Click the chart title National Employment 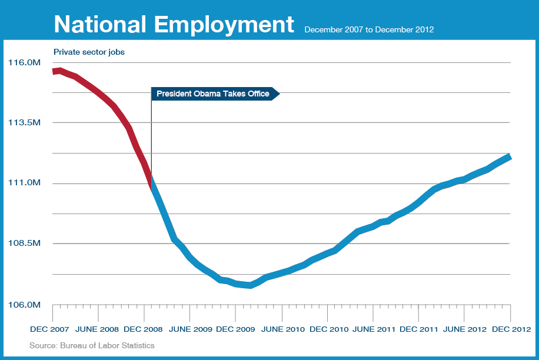[174, 25]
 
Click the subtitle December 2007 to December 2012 [369, 29]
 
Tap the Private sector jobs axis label [89, 52]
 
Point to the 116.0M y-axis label [24, 62]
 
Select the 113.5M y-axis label [24, 122]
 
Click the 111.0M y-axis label [24, 183]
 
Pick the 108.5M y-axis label [24, 244]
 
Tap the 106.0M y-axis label [24, 305]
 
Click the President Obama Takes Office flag [213, 94]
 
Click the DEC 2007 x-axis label [49, 328]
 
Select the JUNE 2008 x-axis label [98, 328]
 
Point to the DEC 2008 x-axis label [144, 328]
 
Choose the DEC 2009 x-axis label [235, 328]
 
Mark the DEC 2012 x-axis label [511, 328]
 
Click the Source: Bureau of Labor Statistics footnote [92, 345]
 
